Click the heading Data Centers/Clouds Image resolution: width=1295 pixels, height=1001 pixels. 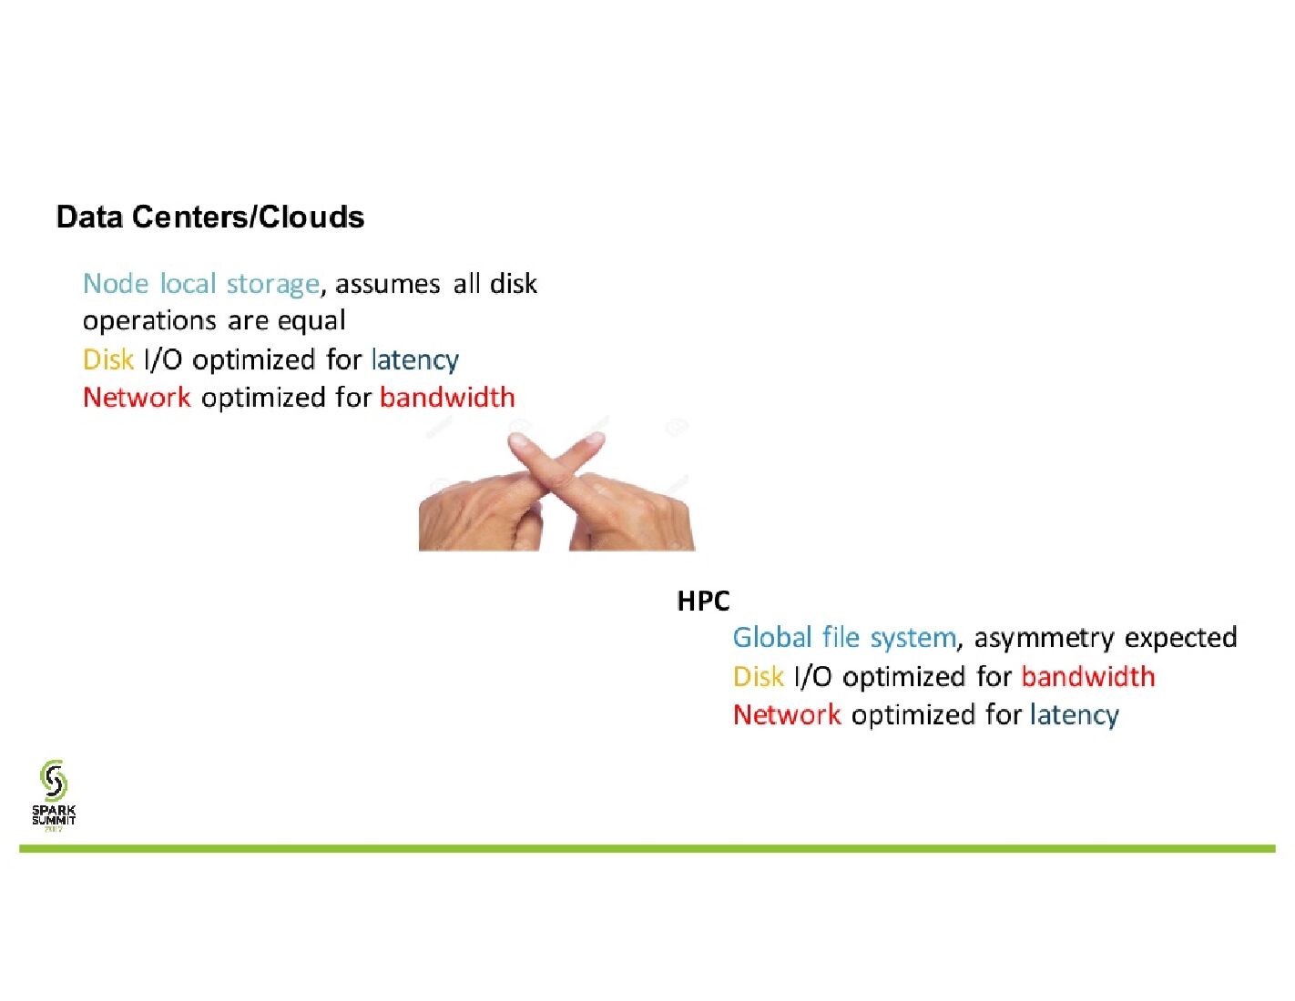(x=210, y=217)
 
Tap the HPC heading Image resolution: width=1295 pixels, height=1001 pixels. (x=703, y=601)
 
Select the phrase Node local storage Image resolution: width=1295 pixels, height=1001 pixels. (x=200, y=284)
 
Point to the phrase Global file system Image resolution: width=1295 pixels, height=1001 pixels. (x=844, y=638)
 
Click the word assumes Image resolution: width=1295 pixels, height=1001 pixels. (x=388, y=284)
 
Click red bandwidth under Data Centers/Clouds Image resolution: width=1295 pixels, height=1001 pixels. (x=447, y=398)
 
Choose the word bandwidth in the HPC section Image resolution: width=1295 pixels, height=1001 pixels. (x=1087, y=677)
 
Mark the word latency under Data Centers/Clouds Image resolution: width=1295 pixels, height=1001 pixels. (x=414, y=360)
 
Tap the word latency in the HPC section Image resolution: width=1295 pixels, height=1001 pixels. (x=1074, y=715)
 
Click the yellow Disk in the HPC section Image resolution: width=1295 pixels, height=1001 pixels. (x=758, y=677)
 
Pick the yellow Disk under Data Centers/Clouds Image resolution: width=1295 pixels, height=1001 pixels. (x=108, y=360)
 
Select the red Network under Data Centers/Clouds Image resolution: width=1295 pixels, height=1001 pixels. (x=137, y=398)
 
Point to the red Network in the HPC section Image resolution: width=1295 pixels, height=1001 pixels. (x=787, y=715)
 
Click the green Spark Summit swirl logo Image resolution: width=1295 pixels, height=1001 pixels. (x=54, y=781)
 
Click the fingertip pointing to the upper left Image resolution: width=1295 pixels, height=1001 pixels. (x=519, y=443)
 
